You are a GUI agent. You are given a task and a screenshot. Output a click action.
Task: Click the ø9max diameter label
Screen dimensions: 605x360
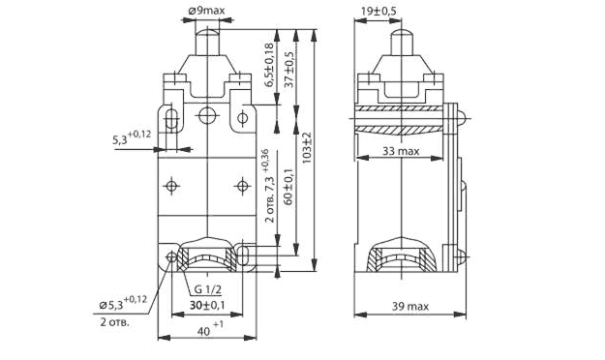coord(206,11)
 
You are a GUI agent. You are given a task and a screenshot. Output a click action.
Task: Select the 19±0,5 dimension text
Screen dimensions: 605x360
coord(378,12)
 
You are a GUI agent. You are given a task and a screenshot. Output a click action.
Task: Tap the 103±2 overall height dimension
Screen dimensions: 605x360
coord(307,147)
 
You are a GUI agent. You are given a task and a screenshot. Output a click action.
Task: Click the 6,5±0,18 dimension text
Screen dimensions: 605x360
coord(270,65)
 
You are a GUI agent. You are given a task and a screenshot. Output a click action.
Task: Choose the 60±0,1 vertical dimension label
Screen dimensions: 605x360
coord(289,186)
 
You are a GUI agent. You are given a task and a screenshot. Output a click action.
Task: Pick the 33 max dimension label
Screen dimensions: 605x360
coord(401,151)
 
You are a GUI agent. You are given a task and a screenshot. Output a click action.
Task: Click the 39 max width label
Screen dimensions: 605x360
coord(410,307)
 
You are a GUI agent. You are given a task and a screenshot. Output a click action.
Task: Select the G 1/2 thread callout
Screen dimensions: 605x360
coord(207,289)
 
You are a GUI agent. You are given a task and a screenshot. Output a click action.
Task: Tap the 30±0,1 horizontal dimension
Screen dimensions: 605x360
coord(207,305)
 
